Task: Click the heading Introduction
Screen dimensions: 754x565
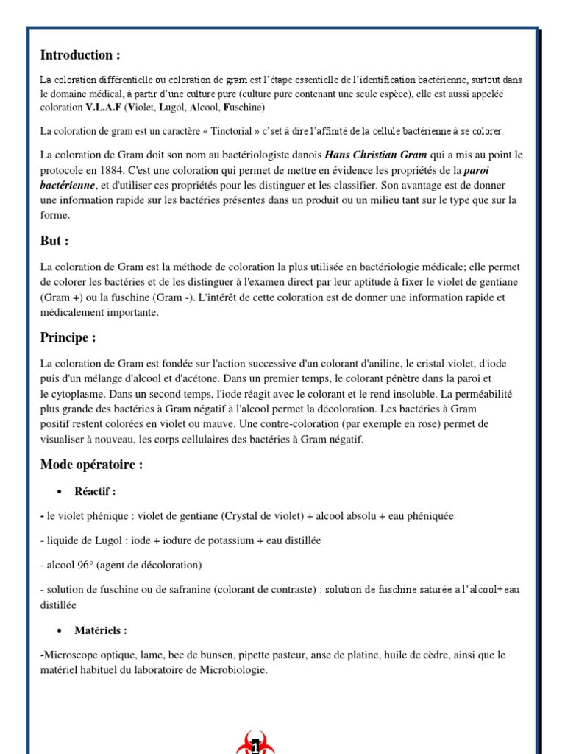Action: pos(79,55)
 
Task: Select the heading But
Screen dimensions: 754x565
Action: pos(55,241)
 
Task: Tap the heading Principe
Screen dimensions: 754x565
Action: pos(68,338)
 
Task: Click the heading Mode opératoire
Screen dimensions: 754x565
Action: pos(91,465)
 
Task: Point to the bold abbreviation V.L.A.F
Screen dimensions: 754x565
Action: pos(104,108)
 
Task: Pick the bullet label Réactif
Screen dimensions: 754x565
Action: pos(95,491)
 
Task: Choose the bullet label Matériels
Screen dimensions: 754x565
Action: pos(101,631)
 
